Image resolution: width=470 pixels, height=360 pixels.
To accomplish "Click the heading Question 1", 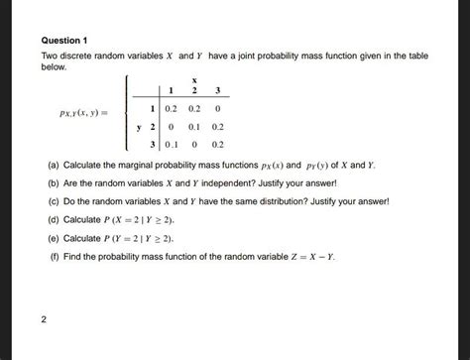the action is click(x=65, y=40).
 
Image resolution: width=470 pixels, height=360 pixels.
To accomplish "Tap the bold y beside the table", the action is click(x=140, y=127).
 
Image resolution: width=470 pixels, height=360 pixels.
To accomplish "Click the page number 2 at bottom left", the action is click(x=45, y=318).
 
